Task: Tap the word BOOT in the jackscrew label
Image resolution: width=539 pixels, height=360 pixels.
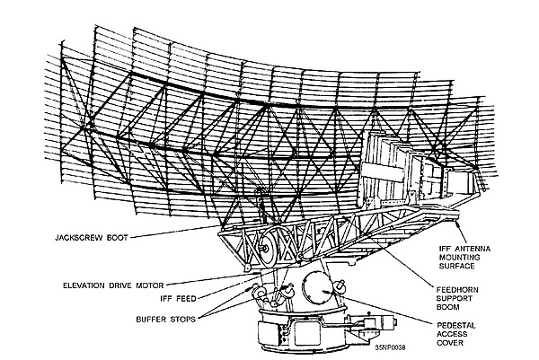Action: (x=117, y=237)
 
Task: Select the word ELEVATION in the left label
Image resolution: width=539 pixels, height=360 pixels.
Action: (x=84, y=285)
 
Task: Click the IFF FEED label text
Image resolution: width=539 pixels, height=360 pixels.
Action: (x=178, y=299)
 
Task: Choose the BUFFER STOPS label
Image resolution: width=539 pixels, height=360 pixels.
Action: (x=165, y=319)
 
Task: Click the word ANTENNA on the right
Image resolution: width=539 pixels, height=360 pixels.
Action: (x=473, y=249)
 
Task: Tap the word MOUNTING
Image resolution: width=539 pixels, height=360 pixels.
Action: (x=455, y=257)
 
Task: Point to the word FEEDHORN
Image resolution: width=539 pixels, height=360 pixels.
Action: (x=457, y=290)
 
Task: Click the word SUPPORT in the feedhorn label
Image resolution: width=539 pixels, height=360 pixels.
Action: (x=454, y=298)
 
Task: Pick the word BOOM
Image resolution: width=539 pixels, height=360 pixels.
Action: (x=448, y=307)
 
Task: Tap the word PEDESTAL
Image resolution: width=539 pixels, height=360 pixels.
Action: (x=456, y=325)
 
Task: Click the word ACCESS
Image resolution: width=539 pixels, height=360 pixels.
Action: (x=452, y=334)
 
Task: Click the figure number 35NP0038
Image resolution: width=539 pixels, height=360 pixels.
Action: (x=390, y=347)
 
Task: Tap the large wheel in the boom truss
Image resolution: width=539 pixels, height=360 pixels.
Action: (x=266, y=246)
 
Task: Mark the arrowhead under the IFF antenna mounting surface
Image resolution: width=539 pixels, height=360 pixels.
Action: (x=457, y=224)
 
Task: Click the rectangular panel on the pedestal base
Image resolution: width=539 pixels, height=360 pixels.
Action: (x=307, y=332)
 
